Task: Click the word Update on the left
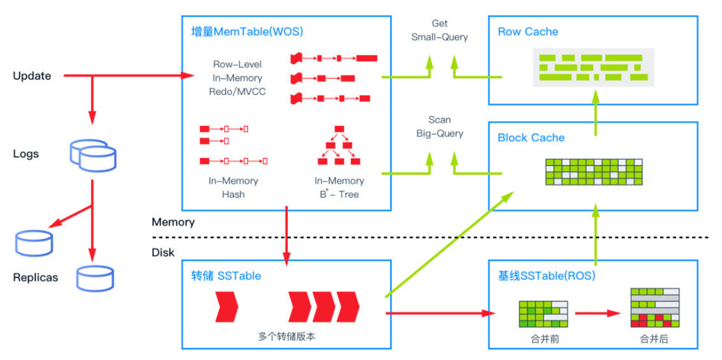[32, 75]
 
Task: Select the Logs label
[26, 154]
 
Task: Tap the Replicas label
[36, 278]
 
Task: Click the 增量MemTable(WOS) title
[247, 32]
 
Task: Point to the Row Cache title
[528, 31]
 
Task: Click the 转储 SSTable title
[226, 275]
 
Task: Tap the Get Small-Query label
[440, 30]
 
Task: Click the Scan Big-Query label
[440, 127]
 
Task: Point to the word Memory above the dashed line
[173, 222]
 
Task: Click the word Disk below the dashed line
[163, 252]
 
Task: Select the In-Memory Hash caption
[233, 187]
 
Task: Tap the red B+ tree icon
[339, 145]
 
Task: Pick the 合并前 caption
[544, 338]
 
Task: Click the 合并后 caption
[654, 338]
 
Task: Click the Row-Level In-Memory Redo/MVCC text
[238, 78]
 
